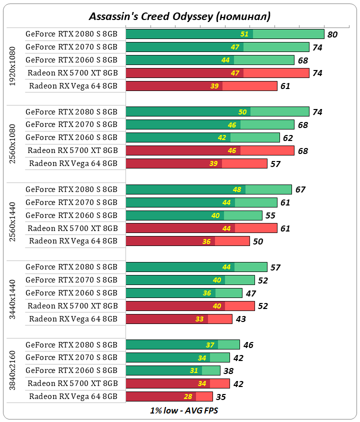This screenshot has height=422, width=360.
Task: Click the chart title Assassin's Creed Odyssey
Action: [179, 16]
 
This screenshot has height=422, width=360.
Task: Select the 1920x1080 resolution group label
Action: [13, 66]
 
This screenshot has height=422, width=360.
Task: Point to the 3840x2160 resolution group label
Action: [13, 371]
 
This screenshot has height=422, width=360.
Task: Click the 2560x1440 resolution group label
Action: [13, 215]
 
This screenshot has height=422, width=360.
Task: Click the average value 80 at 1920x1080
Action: [332, 35]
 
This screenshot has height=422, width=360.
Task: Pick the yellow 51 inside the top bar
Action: [244, 34]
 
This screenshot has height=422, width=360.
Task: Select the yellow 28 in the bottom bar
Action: [187, 396]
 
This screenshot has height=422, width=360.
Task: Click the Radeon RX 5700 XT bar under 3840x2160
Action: [177, 383]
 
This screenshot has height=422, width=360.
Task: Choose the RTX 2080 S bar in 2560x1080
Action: [217, 111]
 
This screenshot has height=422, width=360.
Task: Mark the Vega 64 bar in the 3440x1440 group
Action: [179, 318]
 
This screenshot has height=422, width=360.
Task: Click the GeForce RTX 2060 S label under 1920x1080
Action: [71, 60]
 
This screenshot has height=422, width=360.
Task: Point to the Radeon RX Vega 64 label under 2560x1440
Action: [73, 241]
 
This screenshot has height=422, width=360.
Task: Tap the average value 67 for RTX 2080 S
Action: [300, 190]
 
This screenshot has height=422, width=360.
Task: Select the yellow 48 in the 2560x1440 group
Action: [237, 189]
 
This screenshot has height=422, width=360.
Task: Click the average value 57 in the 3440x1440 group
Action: [275, 268]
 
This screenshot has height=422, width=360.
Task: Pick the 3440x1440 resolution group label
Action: [13, 293]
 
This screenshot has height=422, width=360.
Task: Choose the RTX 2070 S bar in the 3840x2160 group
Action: [177, 357]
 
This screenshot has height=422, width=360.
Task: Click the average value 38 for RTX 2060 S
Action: [228, 371]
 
